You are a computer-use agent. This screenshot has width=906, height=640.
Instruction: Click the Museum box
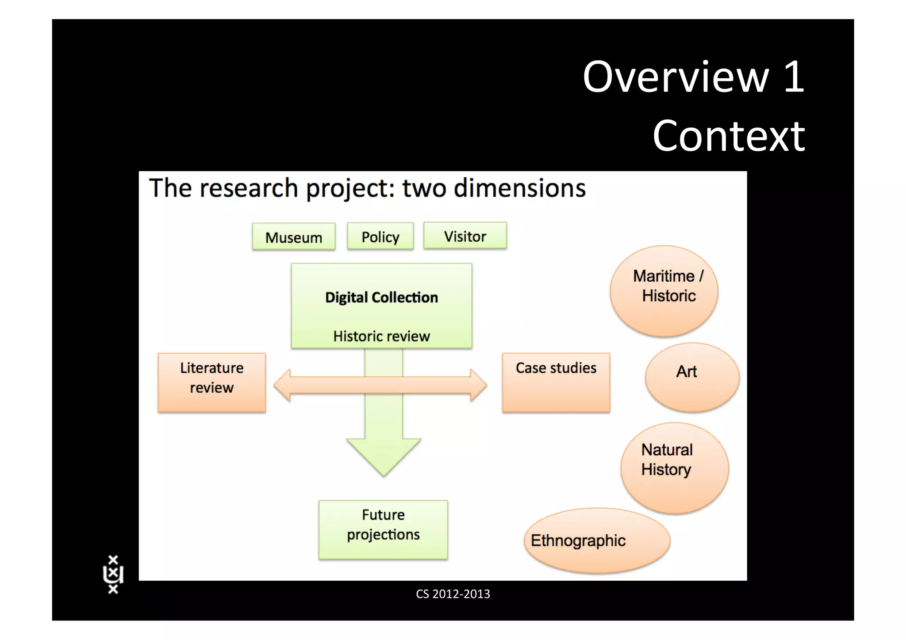[294, 237]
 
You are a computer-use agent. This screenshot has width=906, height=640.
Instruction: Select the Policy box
[380, 237]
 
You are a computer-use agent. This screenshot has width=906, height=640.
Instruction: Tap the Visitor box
[465, 236]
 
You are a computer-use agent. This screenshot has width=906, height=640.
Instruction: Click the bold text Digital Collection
[381, 297]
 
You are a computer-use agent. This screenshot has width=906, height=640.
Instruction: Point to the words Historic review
[381, 336]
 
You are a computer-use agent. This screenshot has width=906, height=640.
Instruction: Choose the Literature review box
[211, 383]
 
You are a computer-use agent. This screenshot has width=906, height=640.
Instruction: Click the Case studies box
[556, 383]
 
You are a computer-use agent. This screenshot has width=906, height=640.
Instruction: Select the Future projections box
[383, 529]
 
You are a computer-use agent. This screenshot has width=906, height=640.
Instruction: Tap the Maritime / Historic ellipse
[664, 291]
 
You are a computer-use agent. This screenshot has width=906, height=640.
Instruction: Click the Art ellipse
[692, 377]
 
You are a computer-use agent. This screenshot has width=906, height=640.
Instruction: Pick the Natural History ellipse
[674, 468]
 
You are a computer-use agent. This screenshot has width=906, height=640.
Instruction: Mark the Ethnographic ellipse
[597, 540]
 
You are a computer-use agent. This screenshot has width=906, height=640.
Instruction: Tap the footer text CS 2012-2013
[453, 594]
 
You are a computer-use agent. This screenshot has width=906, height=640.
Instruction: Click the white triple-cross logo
[113, 574]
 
